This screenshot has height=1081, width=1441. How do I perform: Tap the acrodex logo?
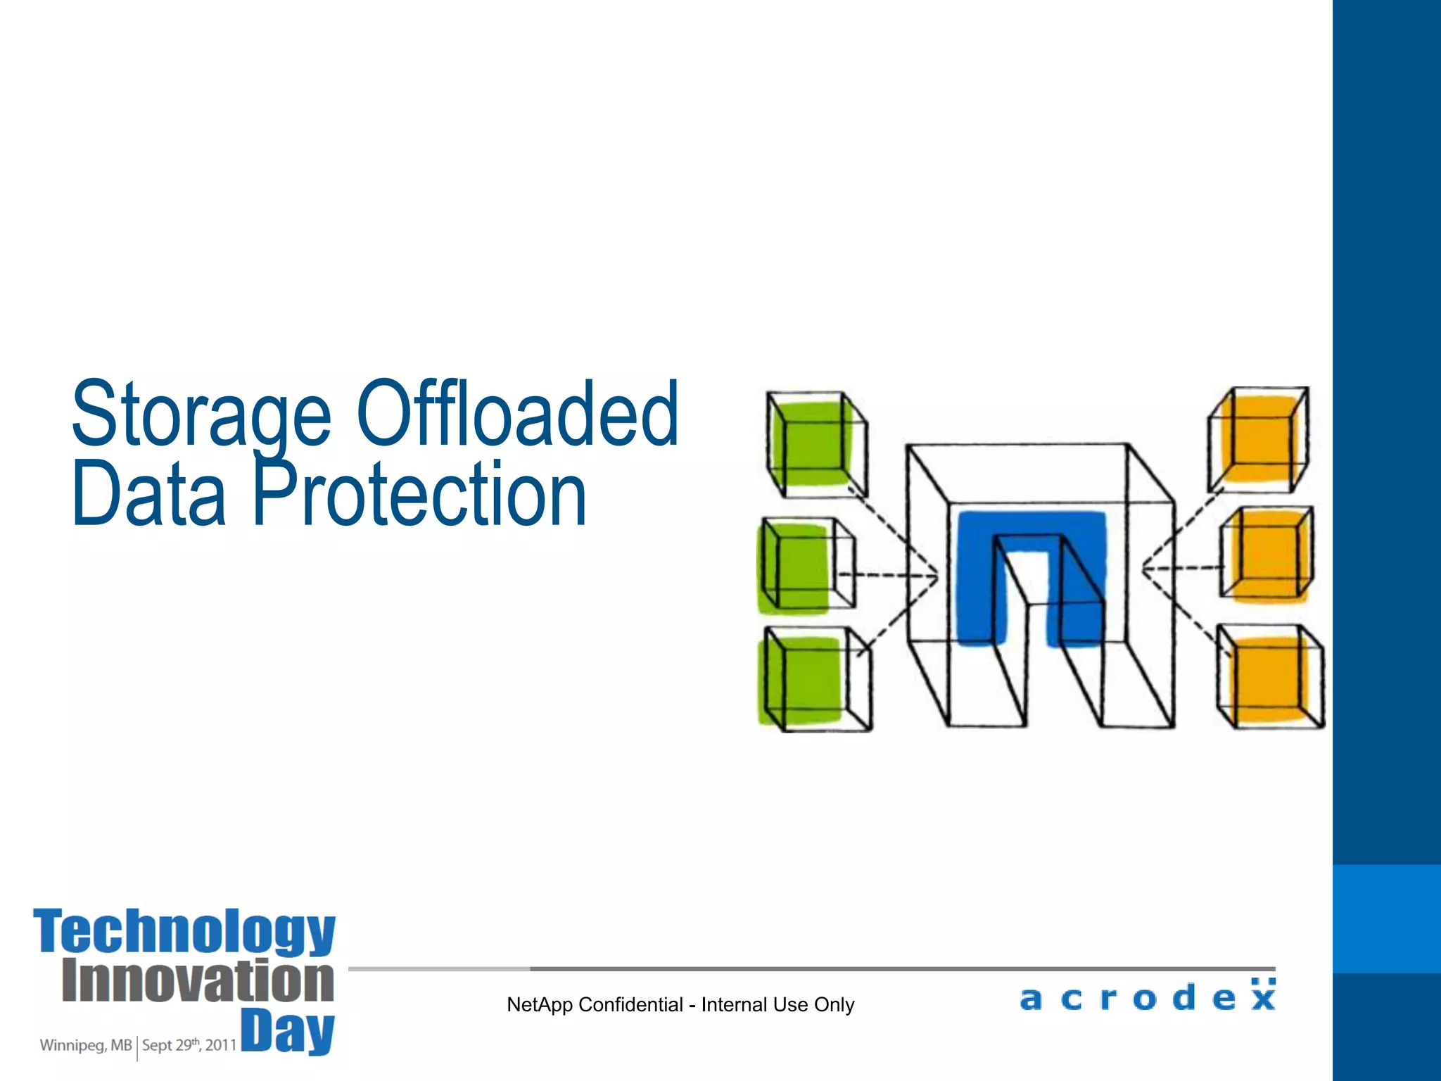pyautogui.click(x=1147, y=997)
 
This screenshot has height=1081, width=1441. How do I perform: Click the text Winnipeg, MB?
pyautogui.click(x=85, y=1045)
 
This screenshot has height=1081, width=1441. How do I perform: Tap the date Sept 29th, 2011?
pyautogui.click(x=189, y=1045)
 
